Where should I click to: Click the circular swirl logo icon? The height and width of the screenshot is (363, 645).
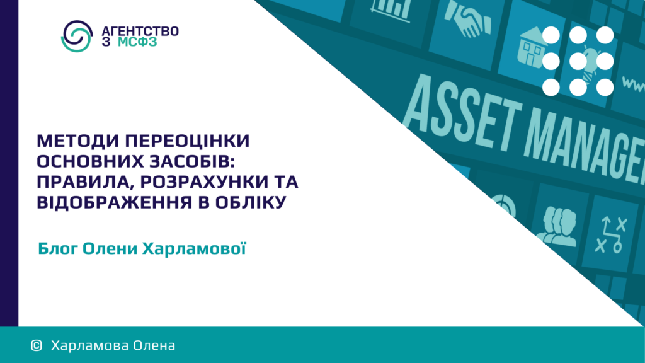point(77,36)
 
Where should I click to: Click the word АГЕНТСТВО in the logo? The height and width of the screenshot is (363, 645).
point(140,31)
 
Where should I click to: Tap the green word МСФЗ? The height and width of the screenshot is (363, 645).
point(137,42)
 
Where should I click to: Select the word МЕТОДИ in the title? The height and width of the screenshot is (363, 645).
point(77,141)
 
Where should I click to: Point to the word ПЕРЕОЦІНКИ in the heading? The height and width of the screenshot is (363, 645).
point(188,141)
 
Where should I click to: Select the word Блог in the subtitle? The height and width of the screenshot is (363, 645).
point(57,248)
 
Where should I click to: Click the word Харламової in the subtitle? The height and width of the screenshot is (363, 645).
point(194,248)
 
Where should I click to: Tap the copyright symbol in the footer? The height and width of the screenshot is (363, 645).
point(36,345)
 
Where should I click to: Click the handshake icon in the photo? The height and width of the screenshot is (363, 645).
point(467,19)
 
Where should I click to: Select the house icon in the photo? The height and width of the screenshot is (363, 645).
point(533,47)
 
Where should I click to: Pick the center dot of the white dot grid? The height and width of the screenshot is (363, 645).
point(578,61)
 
